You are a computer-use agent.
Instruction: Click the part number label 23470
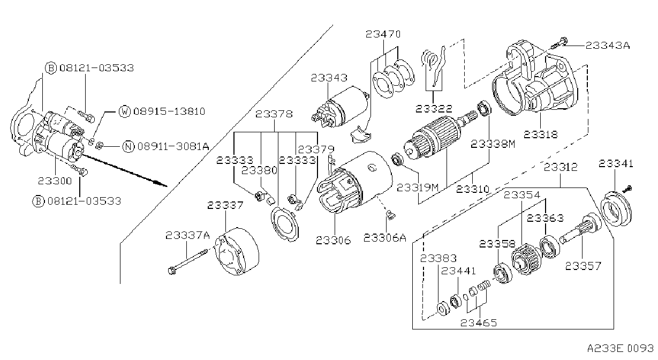click(383, 34)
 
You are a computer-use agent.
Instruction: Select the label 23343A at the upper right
click(608, 45)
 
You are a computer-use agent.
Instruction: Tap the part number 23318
click(541, 134)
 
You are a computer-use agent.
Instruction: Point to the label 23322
click(434, 109)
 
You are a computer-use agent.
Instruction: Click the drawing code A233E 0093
click(621, 348)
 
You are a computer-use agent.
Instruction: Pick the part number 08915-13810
click(169, 111)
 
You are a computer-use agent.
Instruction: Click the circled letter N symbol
click(128, 146)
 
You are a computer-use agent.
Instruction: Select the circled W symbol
click(125, 111)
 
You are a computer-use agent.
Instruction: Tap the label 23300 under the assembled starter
click(55, 181)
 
